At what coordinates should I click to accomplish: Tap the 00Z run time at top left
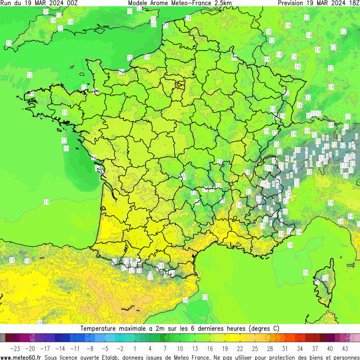point(71,3)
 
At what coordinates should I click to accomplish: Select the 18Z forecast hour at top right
point(353,3)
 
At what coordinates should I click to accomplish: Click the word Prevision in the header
point(291,3)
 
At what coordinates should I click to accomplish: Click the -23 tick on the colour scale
point(15,348)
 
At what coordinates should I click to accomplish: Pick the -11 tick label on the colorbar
point(75,348)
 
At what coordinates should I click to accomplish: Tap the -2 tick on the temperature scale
point(120,348)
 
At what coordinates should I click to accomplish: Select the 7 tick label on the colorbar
point(165,348)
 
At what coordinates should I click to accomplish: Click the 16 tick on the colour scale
point(210,348)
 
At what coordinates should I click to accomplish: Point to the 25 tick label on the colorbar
point(255,348)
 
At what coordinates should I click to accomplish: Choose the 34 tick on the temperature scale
point(299,348)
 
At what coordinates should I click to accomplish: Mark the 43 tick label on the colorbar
point(344,348)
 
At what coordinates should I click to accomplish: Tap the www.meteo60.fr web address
point(21,357)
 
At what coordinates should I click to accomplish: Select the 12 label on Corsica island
point(325,278)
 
